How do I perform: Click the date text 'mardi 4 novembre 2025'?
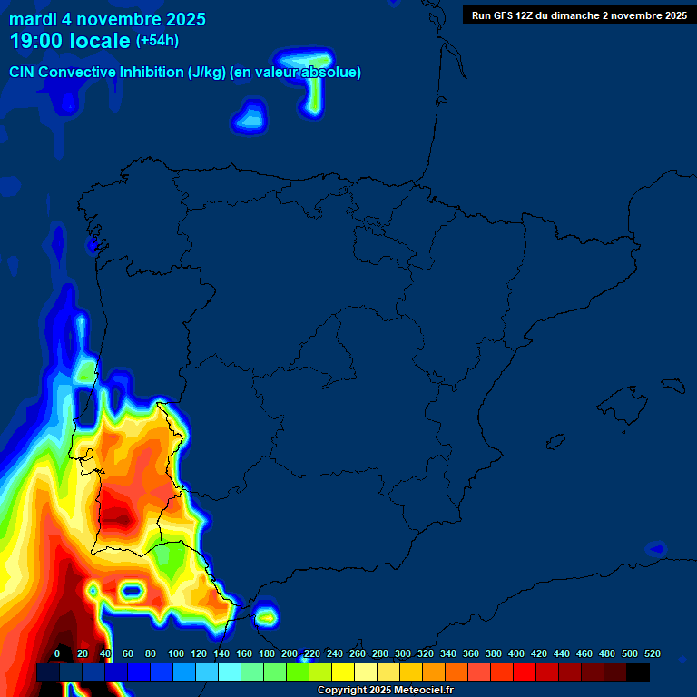[x=107, y=19]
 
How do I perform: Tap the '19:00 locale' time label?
[x=70, y=41]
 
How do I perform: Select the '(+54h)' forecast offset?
[x=157, y=41]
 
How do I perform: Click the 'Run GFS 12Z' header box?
[x=579, y=15]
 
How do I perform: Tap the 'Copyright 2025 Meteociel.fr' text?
[x=385, y=691]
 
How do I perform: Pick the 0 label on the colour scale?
[x=57, y=653]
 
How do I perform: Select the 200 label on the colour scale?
[x=290, y=653]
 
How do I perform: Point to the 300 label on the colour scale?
[x=403, y=653]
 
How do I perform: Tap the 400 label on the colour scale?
[x=516, y=653]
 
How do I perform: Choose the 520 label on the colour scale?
[x=653, y=653]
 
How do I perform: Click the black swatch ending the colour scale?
[x=638, y=672]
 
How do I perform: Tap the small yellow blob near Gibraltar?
[x=266, y=617]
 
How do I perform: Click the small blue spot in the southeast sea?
[x=655, y=549]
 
